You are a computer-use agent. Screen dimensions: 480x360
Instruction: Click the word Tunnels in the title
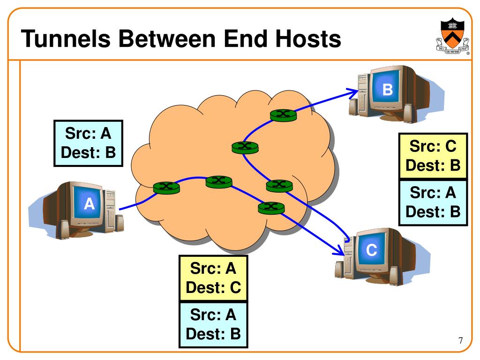point(66,38)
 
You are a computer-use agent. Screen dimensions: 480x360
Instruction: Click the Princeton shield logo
point(452,36)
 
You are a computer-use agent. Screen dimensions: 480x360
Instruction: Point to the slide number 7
point(461,340)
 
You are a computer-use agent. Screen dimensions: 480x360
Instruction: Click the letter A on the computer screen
point(89,203)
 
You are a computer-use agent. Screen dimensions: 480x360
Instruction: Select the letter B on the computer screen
point(388,90)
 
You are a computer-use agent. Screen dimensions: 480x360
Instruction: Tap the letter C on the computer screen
point(371,250)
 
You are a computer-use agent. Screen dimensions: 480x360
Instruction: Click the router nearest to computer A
point(166,187)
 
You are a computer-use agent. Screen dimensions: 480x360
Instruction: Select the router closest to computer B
point(283,115)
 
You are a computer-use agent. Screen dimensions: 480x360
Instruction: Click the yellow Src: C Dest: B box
point(433,156)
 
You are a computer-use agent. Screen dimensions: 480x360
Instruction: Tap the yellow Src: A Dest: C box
point(213,278)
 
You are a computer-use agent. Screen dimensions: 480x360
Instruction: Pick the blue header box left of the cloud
point(88,143)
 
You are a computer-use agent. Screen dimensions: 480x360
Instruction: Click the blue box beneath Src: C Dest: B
point(433,202)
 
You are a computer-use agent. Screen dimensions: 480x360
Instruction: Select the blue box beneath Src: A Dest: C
point(213,325)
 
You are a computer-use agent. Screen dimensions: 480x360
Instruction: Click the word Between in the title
point(167,38)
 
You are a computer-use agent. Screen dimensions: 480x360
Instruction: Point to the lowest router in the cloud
point(271,208)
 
